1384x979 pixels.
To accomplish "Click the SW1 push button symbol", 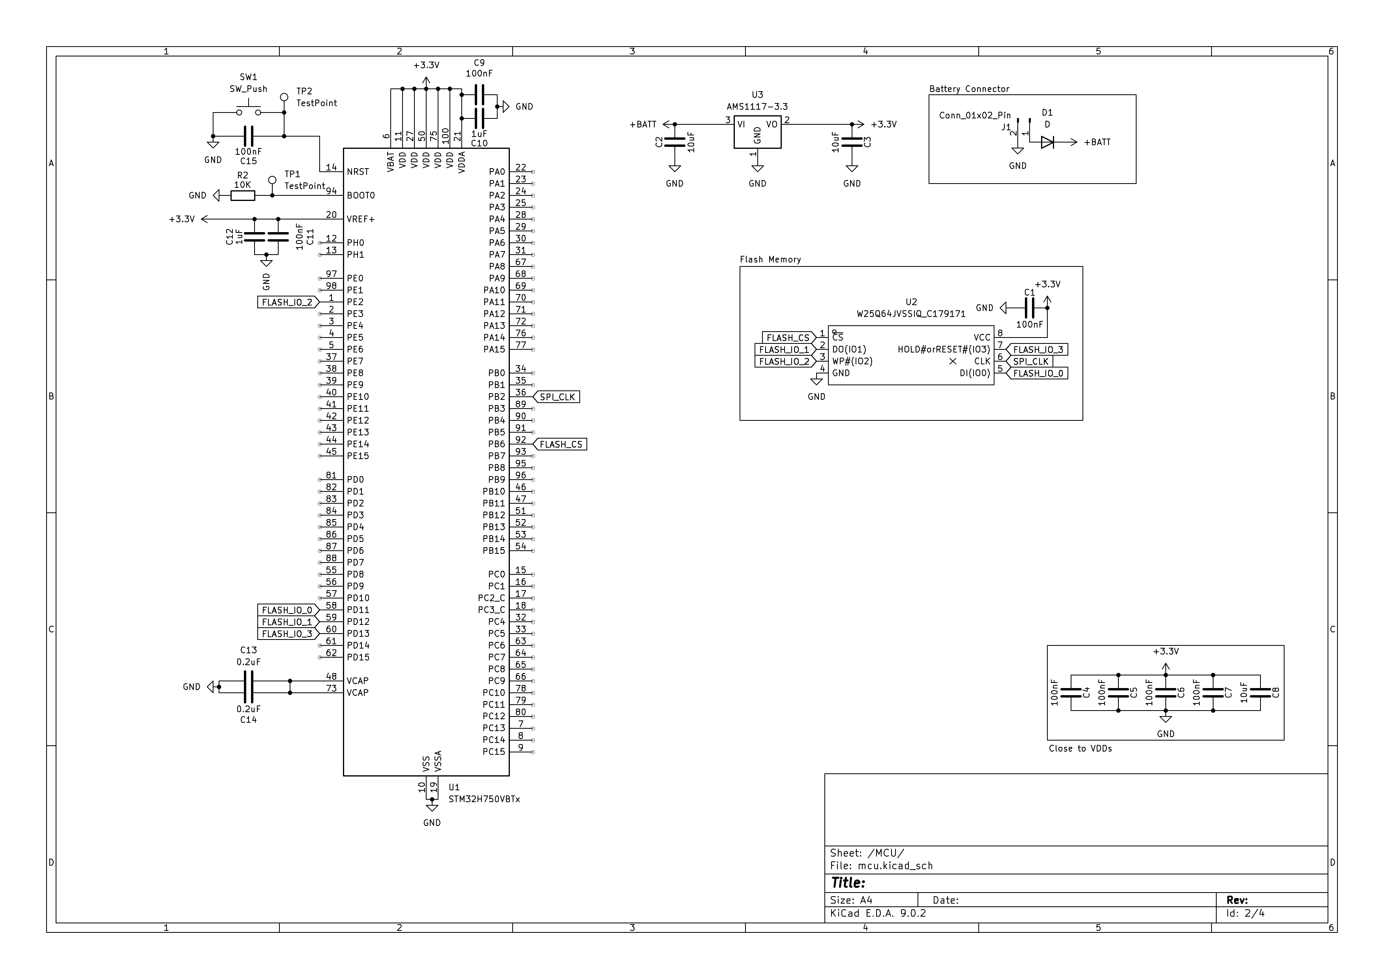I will pyautogui.click(x=248, y=112).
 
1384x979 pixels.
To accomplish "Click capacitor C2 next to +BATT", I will pyautogui.click(x=674, y=142).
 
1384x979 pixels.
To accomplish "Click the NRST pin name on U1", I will pyautogui.click(x=358, y=172).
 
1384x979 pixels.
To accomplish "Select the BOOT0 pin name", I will pyautogui.click(x=360, y=195).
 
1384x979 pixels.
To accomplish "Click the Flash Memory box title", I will pyautogui.click(x=770, y=259).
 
